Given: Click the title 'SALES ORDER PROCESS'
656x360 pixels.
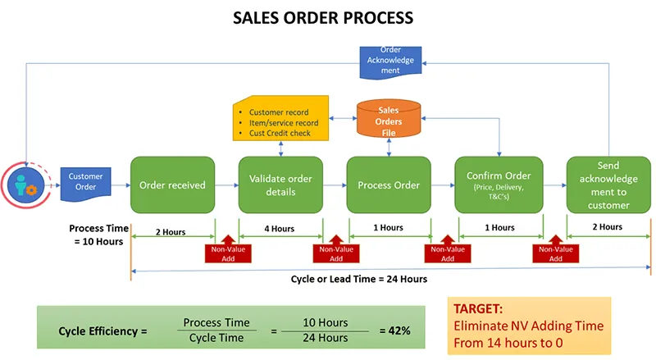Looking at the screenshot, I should pos(328,16).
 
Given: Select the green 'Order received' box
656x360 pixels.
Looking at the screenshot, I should pos(172,185).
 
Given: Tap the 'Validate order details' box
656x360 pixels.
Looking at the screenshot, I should pos(280,185).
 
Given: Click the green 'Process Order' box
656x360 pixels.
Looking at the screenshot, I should pos(389,185).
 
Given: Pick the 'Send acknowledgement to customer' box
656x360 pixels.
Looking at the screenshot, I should pos(608,185).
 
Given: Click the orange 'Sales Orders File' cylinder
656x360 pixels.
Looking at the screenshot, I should pos(389,120).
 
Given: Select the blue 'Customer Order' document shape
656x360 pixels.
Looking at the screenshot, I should pos(85,181).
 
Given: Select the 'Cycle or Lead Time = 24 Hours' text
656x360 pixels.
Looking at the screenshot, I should pos(359,279).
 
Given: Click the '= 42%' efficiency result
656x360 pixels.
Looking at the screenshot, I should pos(394,330).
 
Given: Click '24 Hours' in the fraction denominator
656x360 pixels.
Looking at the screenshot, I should pos(325,338).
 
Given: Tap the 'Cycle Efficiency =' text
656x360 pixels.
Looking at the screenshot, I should pos(102,331).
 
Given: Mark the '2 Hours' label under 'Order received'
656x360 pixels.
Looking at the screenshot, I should pos(170,232).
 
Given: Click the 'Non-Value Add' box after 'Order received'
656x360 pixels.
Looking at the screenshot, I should pos(226,253).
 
